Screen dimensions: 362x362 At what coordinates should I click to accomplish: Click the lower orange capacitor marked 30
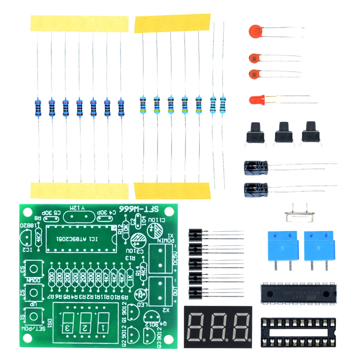pos(256,74)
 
